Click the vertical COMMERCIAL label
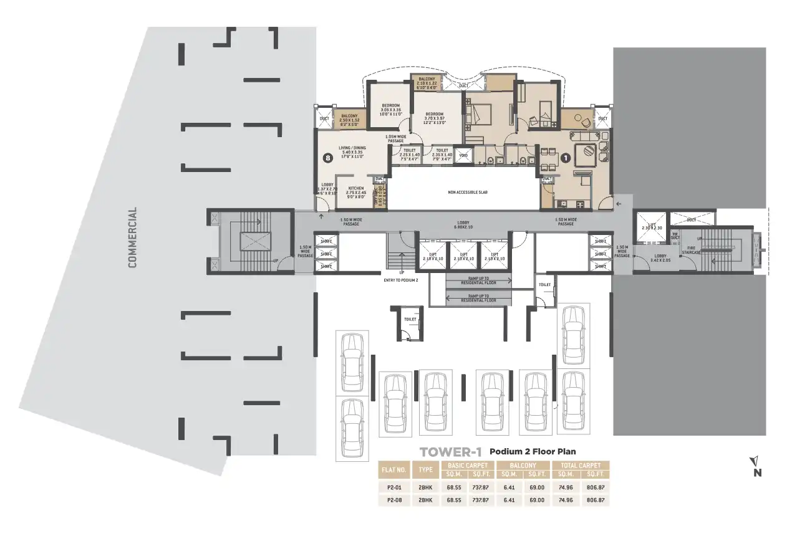point(132,237)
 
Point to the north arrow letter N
point(757,472)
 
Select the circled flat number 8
point(328,158)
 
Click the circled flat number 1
point(565,158)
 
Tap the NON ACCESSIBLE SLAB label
point(467,193)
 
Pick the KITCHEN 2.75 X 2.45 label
point(356,191)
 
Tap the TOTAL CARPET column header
point(580,465)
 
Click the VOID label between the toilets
point(463,155)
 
